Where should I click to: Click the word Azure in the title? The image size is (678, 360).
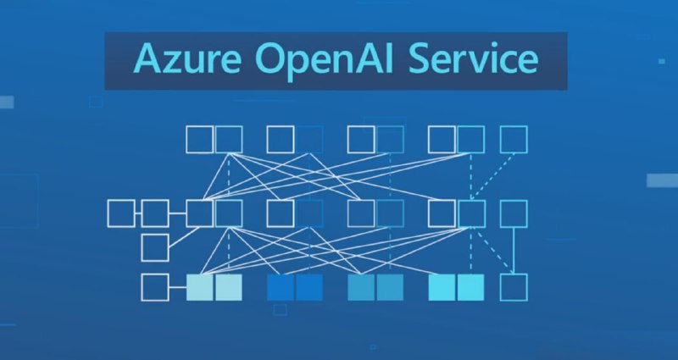[x=187, y=58]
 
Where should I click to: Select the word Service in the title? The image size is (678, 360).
[x=474, y=58]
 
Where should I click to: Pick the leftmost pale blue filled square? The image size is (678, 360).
[x=200, y=287]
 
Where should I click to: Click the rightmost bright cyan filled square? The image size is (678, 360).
[x=471, y=287]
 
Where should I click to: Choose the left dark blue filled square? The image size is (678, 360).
[x=281, y=287]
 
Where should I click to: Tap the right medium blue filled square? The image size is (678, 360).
[x=390, y=287]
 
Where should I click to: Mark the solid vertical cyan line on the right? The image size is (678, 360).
[x=514, y=250]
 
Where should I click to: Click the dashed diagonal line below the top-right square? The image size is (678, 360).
[x=493, y=176]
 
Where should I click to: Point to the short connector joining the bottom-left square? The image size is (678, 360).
[x=178, y=287]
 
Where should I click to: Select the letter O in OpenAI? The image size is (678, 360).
[x=270, y=58]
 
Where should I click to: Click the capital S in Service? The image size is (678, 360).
[x=420, y=58]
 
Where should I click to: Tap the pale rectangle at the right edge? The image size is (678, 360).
[x=662, y=180]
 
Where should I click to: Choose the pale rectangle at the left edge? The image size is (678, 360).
[x=7, y=102]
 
